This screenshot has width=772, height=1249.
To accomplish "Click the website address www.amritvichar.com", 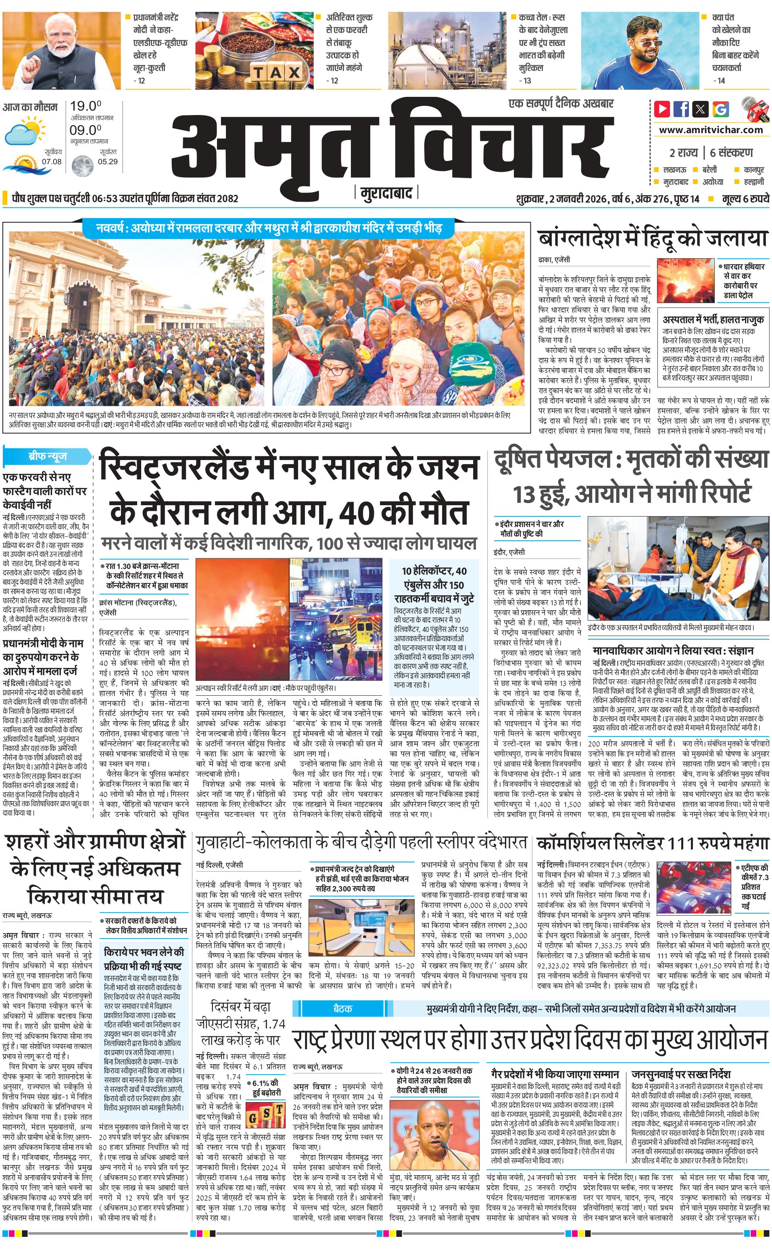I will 711,130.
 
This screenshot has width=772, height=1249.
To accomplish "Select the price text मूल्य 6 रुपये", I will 745,199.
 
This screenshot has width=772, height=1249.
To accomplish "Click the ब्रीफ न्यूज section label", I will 47,456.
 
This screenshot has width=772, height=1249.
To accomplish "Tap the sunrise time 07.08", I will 52,162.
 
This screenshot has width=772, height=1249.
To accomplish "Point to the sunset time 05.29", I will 107,162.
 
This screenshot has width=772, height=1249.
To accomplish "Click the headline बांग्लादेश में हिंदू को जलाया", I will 653,239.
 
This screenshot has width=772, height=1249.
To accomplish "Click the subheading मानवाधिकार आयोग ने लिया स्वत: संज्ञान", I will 673,651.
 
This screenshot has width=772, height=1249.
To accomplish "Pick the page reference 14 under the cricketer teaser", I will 720,80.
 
